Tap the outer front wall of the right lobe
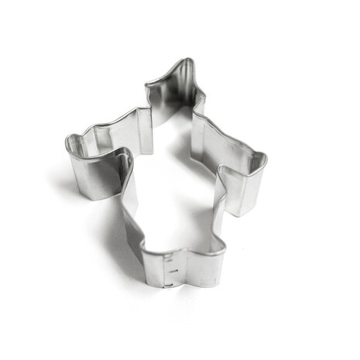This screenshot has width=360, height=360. tap(246, 190)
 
